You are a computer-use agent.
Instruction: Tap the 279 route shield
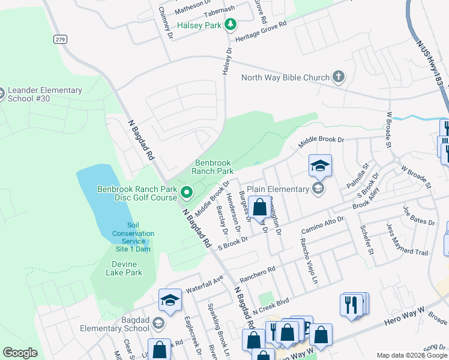pyautogui.click(x=59, y=40)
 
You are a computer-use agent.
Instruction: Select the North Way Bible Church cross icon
pyautogui.click(x=339, y=77)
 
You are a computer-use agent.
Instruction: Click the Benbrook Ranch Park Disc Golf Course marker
pyautogui.click(x=187, y=193)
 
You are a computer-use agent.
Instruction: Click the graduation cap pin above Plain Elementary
pyautogui.click(x=321, y=166)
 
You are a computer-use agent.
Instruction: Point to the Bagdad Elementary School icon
pyautogui.click(x=158, y=324)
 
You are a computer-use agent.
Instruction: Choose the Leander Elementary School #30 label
pyautogui.click(x=45, y=94)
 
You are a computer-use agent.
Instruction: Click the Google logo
pyautogui.click(x=20, y=353)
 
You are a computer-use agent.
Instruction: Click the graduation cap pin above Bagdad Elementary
pyautogui.click(x=170, y=301)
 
